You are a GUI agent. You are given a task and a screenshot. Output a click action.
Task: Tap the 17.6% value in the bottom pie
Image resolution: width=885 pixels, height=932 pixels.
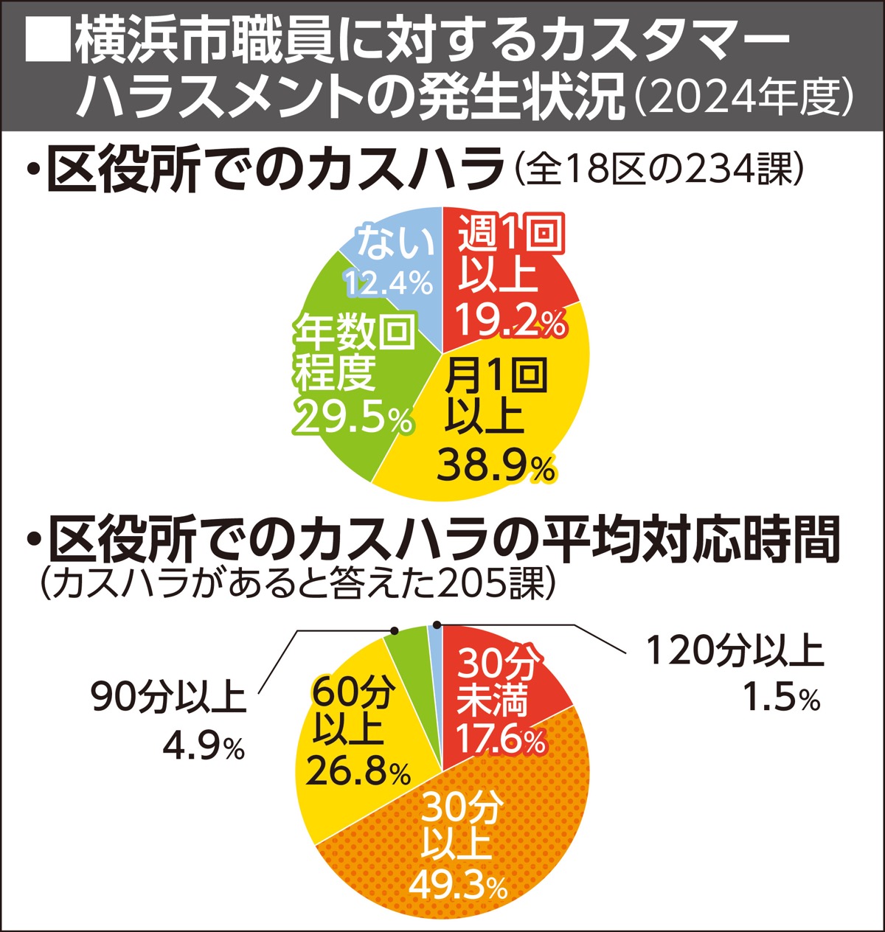pos(501,739)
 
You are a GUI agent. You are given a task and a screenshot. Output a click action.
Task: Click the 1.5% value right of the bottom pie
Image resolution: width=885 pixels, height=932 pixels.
pos(781,699)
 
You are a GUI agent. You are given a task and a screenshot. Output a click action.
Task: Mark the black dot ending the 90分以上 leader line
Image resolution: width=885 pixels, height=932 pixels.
pos(394,631)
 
